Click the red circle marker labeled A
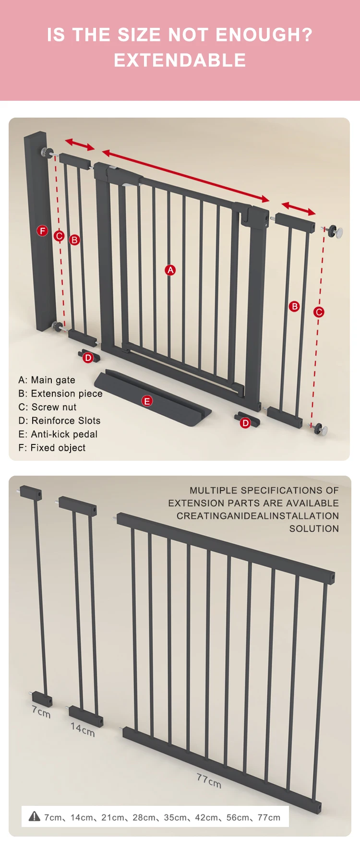pyautogui.click(x=170, y=270)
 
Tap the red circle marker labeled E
pyautogui.click(x=147, y=401)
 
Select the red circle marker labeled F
pyautogui.click(x=42, y=231)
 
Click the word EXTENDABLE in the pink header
pyautogui.click(x=180, y=60)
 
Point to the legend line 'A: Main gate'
pyautogui.click(x=47, y=380)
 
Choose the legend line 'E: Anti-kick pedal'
pyautogui.click(x=58, y=434)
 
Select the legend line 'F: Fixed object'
pyautogui.click(x=52, y=448)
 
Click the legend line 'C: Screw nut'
pyautogui.click(x=48, y=407)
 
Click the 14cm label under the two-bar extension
pyautogui.click(x=83, y=730)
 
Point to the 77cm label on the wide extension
pyautogui.click(x=209, y=780)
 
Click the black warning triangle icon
pyautogui.click(x=35, y=816)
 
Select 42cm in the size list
pyautogui.click(x=206, y=817)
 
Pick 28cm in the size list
pyautogui.click(x=144, y=817)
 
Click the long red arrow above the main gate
pyautogui.click(x=185, y=176)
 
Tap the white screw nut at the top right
pyautogui.click(x=338, y=232)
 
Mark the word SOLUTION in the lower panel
pyautogui.click(x=314, y=528)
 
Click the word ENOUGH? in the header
pyautogui.click(x=264, y=35)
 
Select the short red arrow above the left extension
pyautogui.click(x=80, y=144)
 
